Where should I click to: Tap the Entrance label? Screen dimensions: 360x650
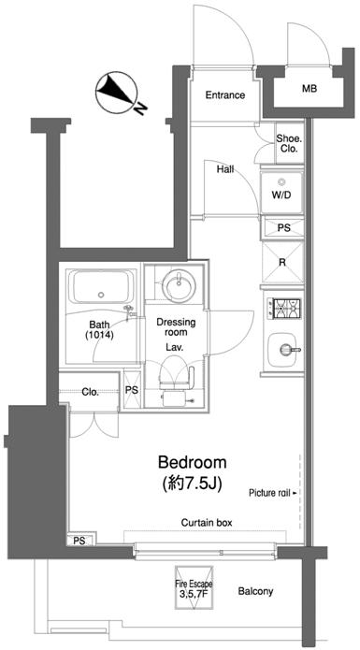click(225, 95)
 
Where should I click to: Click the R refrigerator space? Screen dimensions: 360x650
click(282, 262)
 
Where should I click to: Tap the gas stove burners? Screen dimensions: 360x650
click(284, 310)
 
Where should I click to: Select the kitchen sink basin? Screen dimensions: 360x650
click(283, 351)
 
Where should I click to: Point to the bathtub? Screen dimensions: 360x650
click(102, 289)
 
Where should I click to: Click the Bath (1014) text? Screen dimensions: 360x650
click(99, 331)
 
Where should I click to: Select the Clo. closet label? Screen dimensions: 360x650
click(90, 392)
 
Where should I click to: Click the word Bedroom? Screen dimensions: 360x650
click(193, 461)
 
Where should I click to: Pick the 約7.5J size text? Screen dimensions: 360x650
click(193, 482)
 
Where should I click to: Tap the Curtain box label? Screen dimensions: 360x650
click(207, 523)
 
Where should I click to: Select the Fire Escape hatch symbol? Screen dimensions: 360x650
click(194, 588)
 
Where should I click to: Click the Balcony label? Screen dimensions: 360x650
click(255, 591)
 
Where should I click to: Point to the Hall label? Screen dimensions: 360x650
click(225, 169)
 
